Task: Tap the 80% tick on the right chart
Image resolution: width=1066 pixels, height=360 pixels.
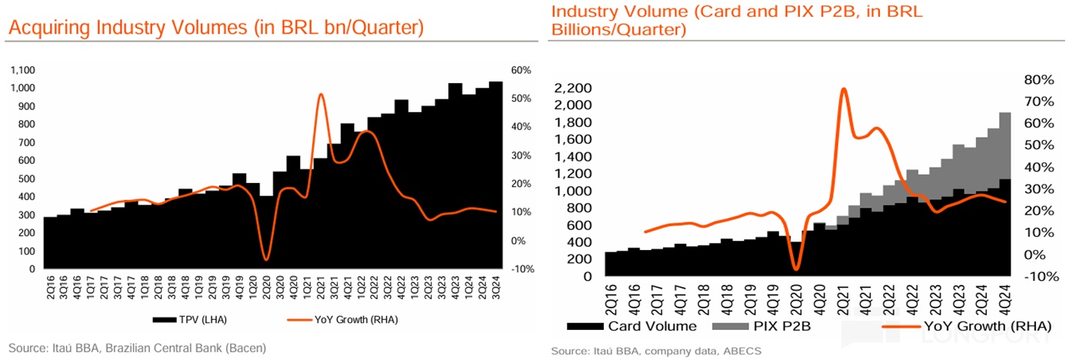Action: click(1037, 79)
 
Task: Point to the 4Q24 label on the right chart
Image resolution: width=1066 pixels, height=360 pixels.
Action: click(1006, 295)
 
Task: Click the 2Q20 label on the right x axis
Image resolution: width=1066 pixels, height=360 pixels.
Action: click(795, 295)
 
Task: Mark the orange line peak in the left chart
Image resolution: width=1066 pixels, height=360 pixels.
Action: click(320, 94)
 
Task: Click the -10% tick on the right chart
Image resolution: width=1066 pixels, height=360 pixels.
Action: click(1035, 276)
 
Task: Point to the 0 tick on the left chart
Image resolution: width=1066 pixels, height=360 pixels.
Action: click(32, 269)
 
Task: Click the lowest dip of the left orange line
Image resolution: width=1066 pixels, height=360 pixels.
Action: click(266, 260)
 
